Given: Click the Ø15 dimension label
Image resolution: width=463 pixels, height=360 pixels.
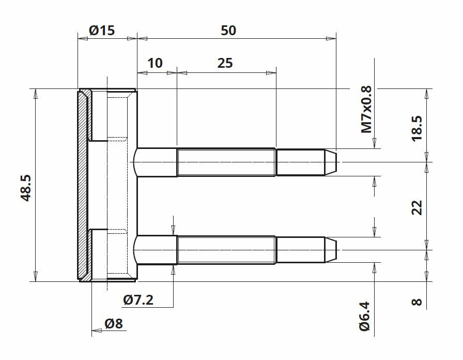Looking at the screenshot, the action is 102,31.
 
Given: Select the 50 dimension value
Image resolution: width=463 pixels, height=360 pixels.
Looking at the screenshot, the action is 228,31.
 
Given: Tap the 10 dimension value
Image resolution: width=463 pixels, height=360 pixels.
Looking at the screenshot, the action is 155,63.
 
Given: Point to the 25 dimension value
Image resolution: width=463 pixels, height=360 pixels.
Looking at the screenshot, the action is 225,63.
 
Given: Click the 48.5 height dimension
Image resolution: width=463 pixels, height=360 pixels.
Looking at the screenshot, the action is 26,188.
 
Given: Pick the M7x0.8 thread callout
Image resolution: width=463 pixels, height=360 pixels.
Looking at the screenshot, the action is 366,110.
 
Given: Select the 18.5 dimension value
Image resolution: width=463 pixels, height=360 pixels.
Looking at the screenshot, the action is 417,128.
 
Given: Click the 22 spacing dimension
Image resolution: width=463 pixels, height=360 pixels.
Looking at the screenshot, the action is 417,207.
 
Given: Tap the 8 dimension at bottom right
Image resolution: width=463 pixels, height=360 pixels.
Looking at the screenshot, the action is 416,302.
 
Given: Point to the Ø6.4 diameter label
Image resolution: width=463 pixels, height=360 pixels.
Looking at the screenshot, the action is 365,316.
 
